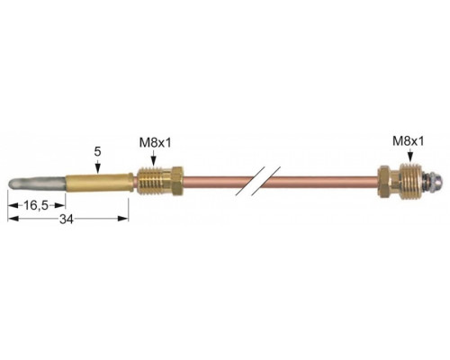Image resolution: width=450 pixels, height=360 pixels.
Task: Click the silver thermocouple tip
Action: [37, 184]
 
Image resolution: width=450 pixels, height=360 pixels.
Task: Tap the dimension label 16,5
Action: [36, 206]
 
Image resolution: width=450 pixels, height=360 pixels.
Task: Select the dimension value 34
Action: [67, 220]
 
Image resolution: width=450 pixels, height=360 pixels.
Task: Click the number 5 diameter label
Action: [97, 151]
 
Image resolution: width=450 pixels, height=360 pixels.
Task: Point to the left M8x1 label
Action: [155, 143]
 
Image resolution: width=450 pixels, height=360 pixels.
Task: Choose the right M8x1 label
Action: [409, 140]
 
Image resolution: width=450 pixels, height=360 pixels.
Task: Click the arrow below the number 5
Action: [97, 166]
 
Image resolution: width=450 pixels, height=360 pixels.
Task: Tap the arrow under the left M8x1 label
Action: [154, 158]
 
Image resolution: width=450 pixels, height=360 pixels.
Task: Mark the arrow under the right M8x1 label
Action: [410, 156]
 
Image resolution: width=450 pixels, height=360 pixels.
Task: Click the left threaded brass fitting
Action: [159, 182]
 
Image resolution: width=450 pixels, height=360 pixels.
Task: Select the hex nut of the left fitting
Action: [176, 182]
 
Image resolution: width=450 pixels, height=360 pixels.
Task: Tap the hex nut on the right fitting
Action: [383, 181]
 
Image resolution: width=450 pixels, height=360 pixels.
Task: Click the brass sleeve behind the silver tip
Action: [99, 183]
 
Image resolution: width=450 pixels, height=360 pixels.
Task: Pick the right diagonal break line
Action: [266, 181]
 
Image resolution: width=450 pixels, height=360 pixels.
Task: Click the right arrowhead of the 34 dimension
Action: [123, 219]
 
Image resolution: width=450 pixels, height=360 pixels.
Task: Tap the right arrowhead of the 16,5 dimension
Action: [59, 205]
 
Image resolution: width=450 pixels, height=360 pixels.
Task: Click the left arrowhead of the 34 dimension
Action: [13, 219]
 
